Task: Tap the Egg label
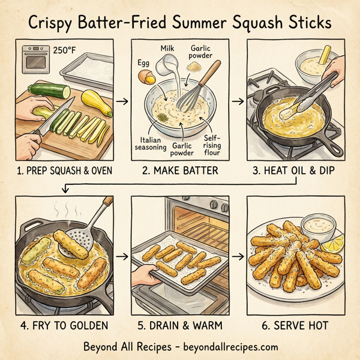145,61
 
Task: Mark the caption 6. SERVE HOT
295,325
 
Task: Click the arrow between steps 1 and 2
122,101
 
